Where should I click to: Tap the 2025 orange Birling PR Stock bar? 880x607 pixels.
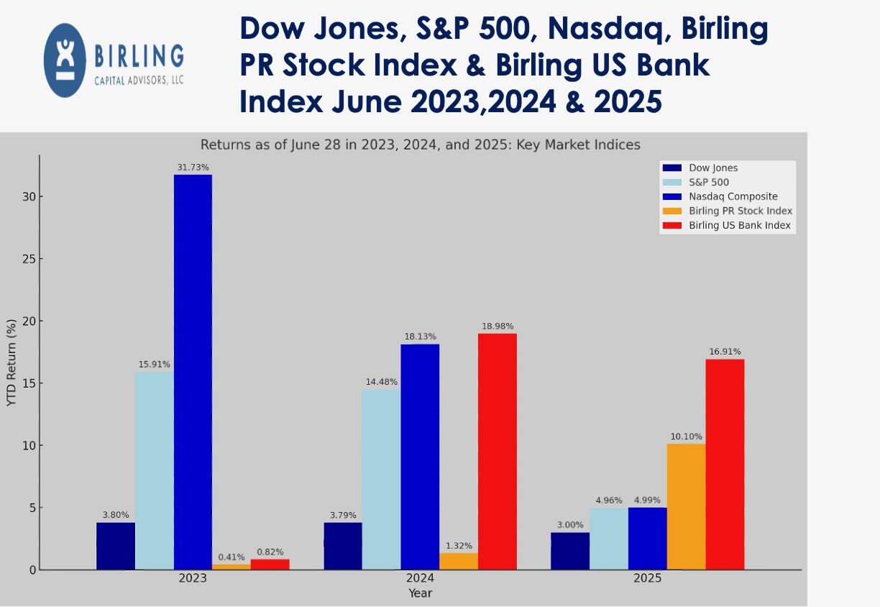tap(686, 506)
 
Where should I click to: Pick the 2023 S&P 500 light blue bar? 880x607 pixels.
tap(154, 470)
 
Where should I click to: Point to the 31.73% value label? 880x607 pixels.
tap(193, 168)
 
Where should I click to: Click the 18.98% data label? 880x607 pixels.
tap(497, 327)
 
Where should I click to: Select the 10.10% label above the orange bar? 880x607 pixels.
tap(686, 437)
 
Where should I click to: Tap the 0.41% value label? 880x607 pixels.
tap(232, 557)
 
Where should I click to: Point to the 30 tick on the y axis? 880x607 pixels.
tap(27, 197)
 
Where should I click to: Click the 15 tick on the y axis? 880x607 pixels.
tap(27, 383)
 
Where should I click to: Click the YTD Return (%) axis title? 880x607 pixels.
tap(12, 363)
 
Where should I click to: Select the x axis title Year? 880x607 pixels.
tap(420, 593)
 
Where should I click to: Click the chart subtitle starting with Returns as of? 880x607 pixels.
tap(420, 145)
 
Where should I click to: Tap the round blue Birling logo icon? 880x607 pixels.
tap(64, 60)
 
